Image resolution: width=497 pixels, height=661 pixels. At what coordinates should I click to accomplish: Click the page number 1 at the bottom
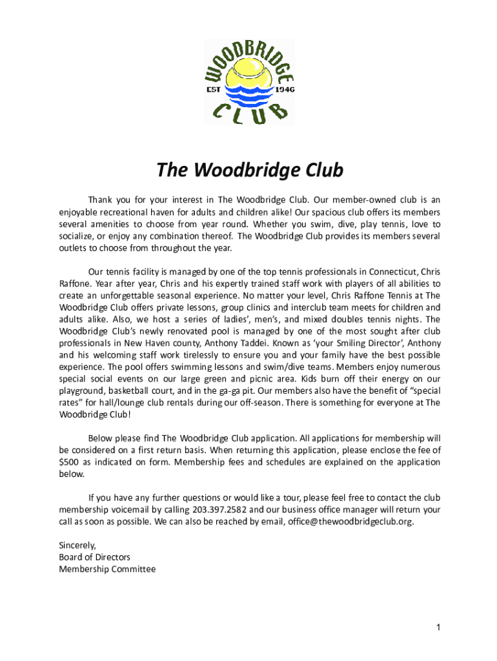click(x=438, y=627)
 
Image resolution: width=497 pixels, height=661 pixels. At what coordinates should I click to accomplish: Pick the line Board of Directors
click(x=94, y=557)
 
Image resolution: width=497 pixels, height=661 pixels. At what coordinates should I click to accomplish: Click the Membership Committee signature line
click(x=107, y=569)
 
